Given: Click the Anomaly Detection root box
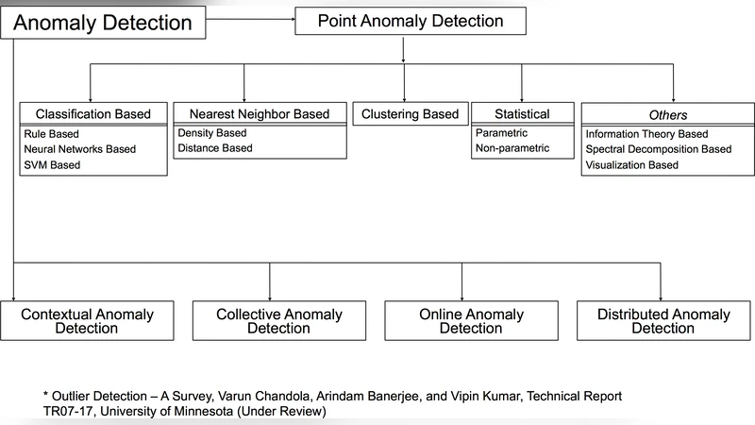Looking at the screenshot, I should (104, 22).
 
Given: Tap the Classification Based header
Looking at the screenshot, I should (93, 114).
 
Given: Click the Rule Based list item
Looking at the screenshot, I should (53, 133).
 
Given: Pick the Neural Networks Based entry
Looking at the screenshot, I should (80, 149).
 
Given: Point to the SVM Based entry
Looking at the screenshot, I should (53, 165).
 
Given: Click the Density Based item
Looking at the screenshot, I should (211, 132).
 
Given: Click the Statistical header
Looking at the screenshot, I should (523, 114).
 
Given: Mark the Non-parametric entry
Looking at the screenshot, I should (512, 148).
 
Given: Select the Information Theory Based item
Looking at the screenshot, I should (646, 133).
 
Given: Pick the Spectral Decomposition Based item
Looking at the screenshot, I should (658, 149).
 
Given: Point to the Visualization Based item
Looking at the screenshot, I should (631, 165).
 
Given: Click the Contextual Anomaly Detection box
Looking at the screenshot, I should (86, 321).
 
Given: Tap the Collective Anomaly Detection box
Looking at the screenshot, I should (278, 321).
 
